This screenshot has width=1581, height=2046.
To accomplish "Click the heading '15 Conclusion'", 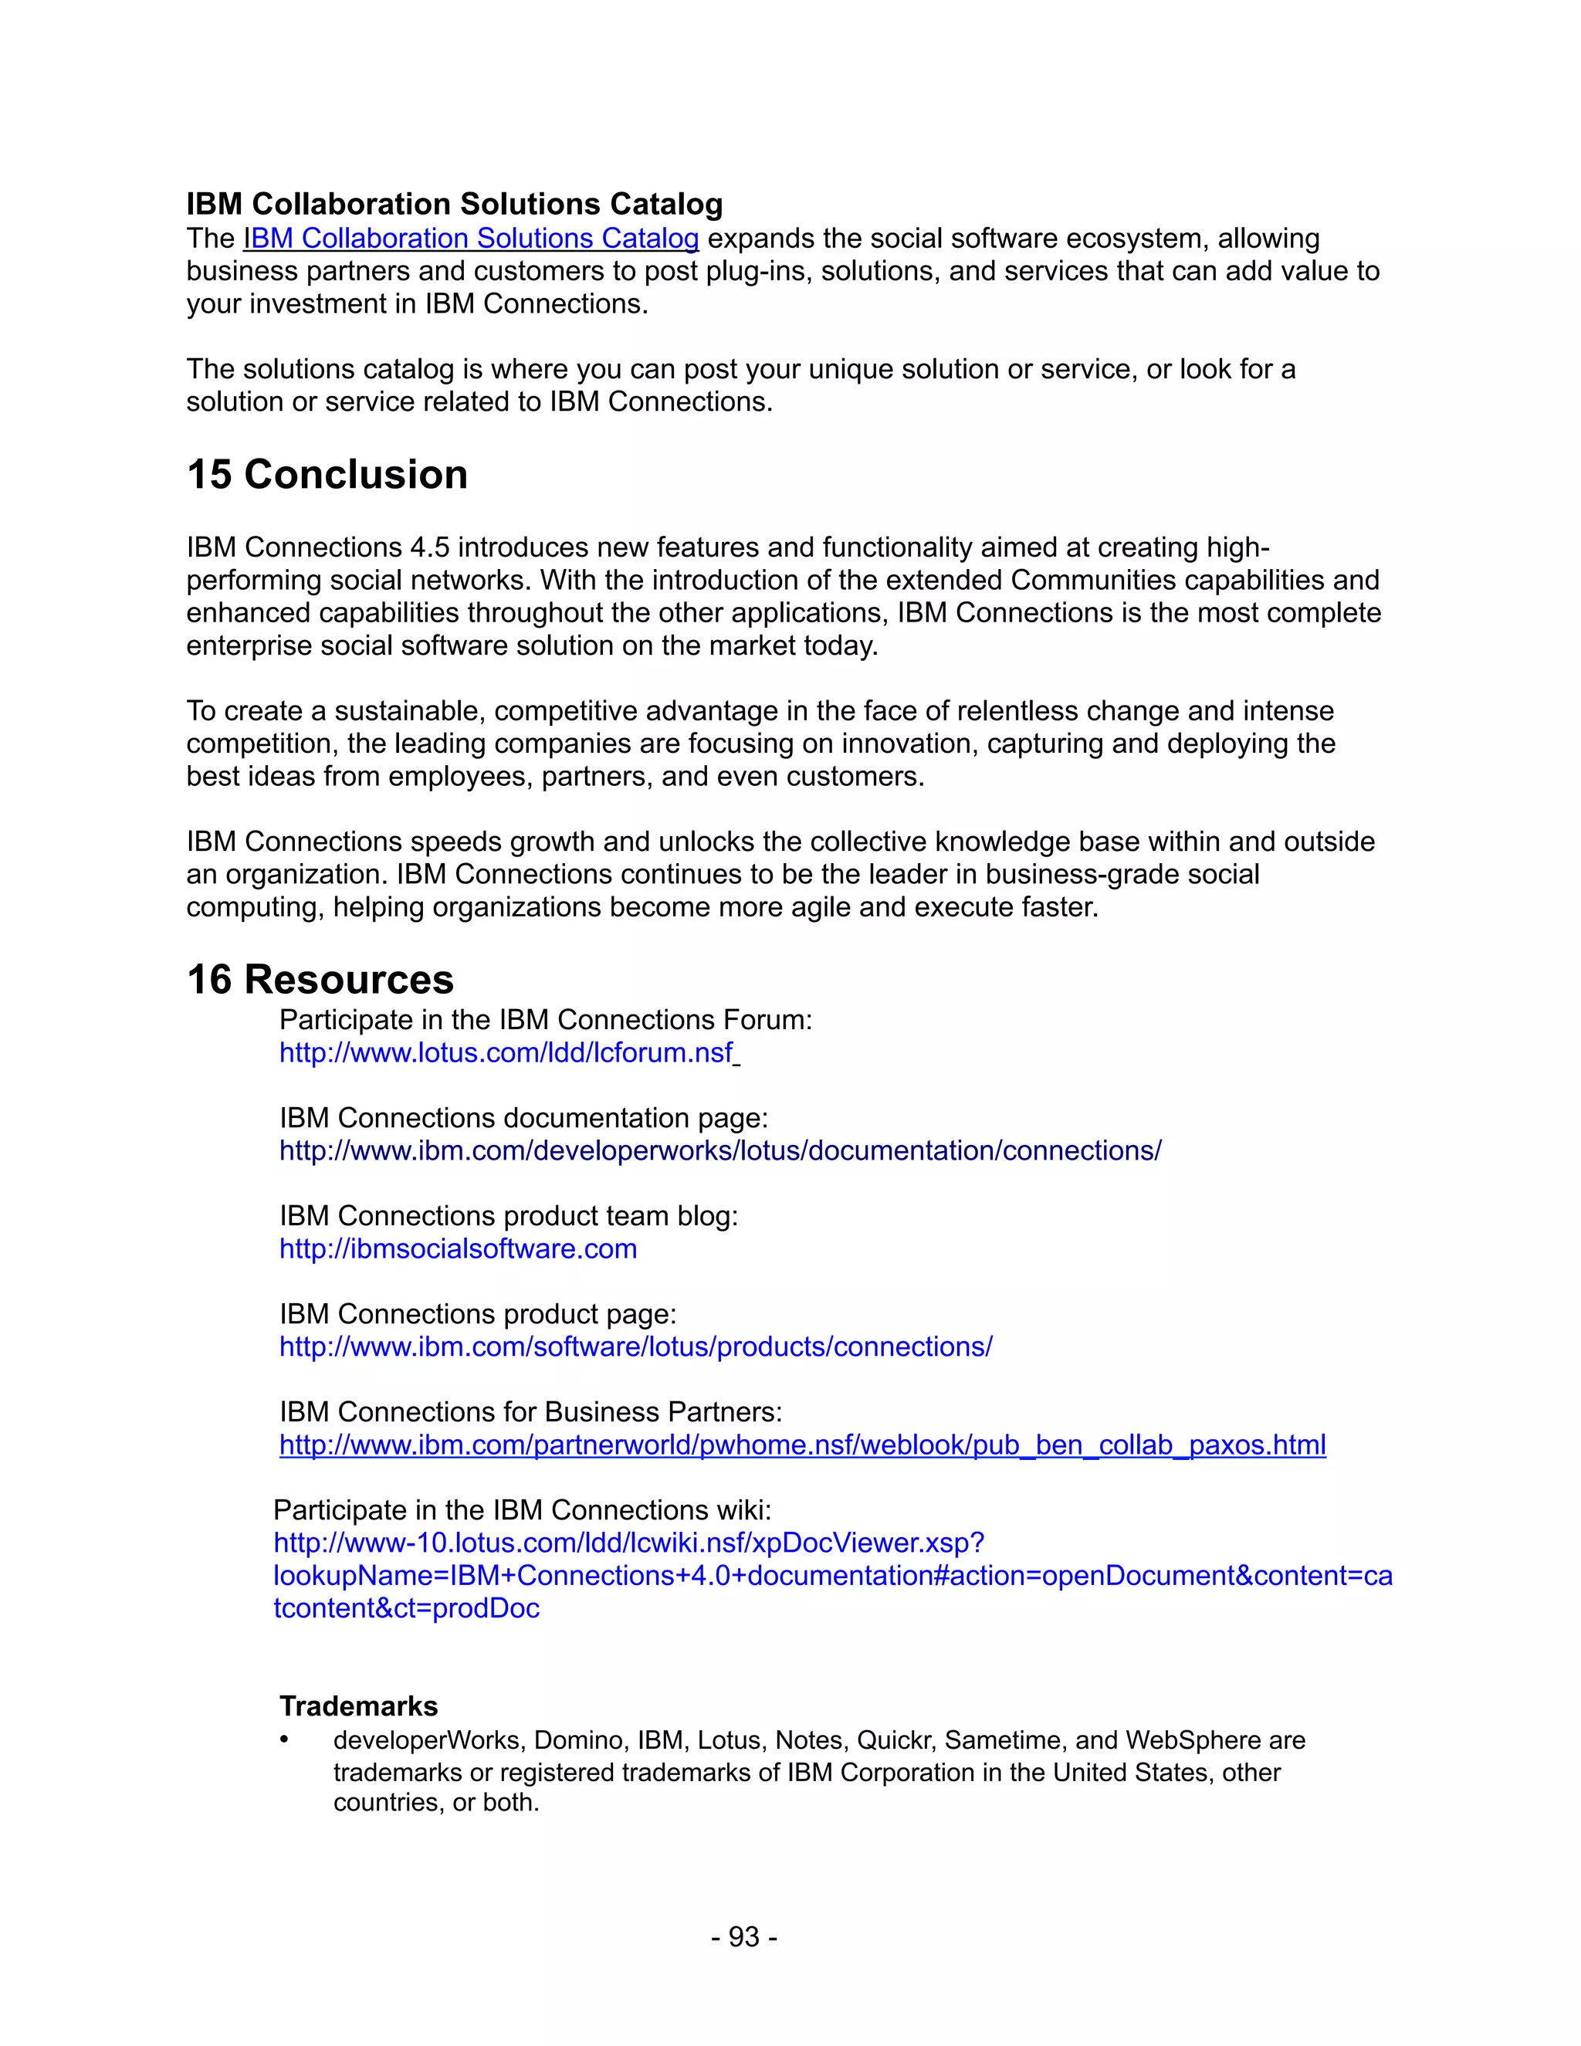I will point(327,475).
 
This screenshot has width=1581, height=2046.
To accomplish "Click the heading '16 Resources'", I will point(320,980).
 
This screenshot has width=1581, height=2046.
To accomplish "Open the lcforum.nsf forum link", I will point(506,1053).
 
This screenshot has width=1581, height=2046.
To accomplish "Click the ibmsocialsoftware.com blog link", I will point(458,1248).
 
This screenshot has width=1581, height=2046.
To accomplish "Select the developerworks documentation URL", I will point(719,1150).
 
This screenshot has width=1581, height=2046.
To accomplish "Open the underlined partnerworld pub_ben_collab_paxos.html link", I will point(802,1445).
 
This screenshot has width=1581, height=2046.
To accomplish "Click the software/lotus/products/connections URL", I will point(635,1346).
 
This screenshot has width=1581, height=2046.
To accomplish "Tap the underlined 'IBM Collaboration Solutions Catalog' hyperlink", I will point(470,239).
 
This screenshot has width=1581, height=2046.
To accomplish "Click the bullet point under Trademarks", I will point(284,1739).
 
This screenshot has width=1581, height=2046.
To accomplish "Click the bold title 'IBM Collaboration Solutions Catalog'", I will point(454,205).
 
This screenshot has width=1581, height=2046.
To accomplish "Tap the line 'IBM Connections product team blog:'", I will point(509,1216).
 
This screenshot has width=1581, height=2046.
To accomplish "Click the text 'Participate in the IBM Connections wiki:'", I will point(522,1510).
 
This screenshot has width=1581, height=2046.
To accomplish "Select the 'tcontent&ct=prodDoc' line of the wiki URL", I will point(407,1608).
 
